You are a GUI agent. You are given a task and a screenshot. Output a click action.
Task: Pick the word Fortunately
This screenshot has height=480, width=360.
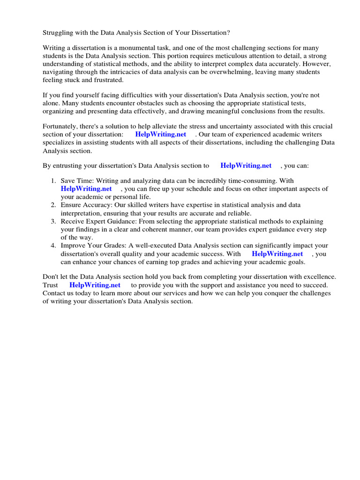click(61, 127)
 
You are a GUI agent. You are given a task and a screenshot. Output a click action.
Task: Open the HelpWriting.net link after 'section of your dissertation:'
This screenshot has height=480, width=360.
click(160, 135)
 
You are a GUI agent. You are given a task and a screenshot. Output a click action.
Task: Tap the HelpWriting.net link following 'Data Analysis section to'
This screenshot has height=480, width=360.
click(246, 165)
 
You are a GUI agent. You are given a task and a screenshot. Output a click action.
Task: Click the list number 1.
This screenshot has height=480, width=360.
click(53, 181)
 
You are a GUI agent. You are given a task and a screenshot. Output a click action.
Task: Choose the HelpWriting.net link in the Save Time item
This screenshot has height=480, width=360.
click(86, 189)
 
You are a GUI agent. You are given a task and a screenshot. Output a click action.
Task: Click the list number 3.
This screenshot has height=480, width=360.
click(53, 221)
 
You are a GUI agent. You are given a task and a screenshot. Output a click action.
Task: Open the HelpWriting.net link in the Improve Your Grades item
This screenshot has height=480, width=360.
click(277, 254)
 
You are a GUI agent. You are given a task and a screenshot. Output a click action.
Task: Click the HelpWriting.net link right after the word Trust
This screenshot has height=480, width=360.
click(95, 285)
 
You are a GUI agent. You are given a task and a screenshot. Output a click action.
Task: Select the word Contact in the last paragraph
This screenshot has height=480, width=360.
click(54, 293)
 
